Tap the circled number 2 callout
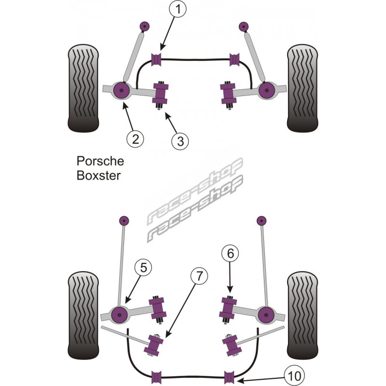coord(135,139)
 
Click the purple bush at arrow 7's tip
coord(156,344)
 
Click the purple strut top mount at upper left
coord(144,26)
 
